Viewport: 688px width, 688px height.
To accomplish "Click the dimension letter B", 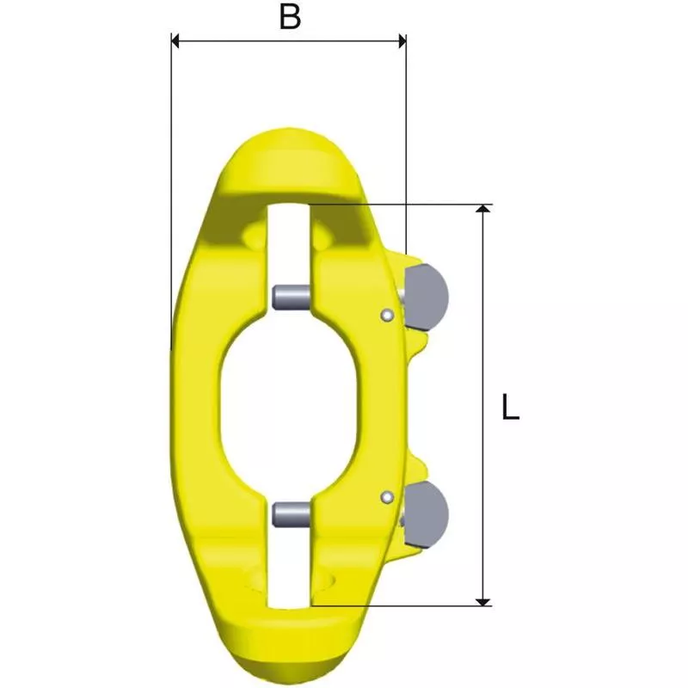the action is click(290, 17).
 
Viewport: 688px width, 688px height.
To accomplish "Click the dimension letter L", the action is click(510, 408).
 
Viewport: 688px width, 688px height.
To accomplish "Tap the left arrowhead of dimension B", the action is click(175, 41).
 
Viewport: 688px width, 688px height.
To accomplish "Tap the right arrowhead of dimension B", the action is click(402, 41).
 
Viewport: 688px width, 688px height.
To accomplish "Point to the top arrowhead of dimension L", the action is click(483, 208).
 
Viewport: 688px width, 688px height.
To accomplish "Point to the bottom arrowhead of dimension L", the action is click(483, 602).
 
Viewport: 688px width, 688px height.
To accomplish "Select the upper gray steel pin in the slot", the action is click(292, 297).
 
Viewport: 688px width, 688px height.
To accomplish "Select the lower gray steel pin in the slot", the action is click(292, 514).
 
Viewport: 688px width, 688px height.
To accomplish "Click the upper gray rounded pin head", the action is click(426, 297).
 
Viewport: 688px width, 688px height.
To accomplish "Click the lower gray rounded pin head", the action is click(426, 514).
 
